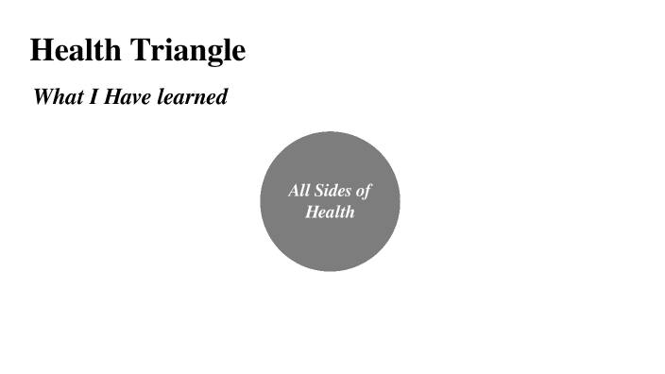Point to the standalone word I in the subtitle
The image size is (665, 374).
pyautogui.click(x=94, y=96)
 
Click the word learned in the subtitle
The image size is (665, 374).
pyautogui.click(x=193, y=96)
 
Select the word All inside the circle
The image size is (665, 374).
pyautogui.click(x=298, y=191)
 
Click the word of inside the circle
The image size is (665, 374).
pyautogui.click(x=364, y=191)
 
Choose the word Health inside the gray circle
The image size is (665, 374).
pyautogui.click(x=330, y=212)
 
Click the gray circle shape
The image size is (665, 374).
pyautogui.click(x=330, y=246)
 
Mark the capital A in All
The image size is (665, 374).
pyautogui.click(x=293, y=191)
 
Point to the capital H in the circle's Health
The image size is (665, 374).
pyautogui.click(x=312, y=212)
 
